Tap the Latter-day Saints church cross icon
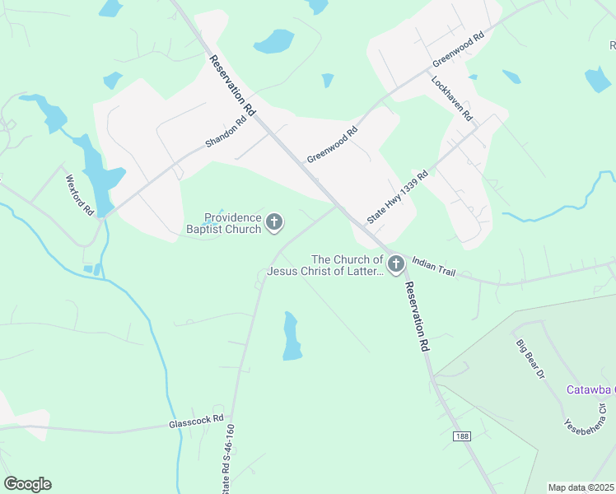pyautogui.click(x=396, y=264)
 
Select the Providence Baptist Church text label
pyautogui.click(x=233, y=223)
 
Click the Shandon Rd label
pyautogui.click(x=226, y=133)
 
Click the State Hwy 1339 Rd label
pyautogui.click(x=398, y=198)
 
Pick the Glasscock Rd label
pyautogui.click(x=196, y=419)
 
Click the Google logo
pyautogui.click(x=27, y=484)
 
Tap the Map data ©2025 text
pyautogui.click(x=581, y=487)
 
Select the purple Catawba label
pyautogui.click(x=590, y=389)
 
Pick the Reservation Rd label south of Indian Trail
pyautogui.click(x=416, y=316)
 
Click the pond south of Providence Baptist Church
pyautogui.click(x=292, y=336)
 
